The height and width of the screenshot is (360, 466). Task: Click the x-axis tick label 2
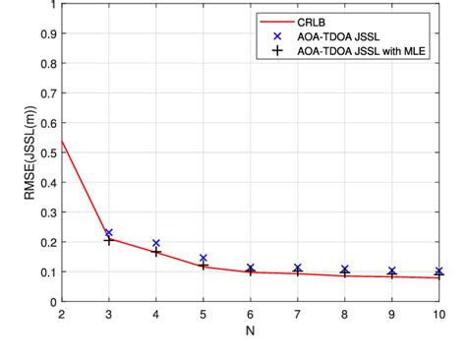pyautogui.click(x=62, y=314)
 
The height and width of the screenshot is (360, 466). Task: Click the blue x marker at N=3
pyautogui.click(x=109, y=233)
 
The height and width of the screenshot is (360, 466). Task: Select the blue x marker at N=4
pyautogui.click(x=156, y=243)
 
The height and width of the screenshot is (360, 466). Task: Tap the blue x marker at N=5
pyautogui.click(x=204, y=259)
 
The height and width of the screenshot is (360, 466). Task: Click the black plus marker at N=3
pyautogui.click(x=109, y=240)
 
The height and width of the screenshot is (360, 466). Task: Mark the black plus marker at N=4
pyautogui.click(x=156, y=253)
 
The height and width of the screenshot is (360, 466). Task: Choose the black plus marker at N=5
pyautogui.click(x=204, y=266)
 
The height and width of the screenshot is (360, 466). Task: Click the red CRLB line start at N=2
pyautogui.click(x=62, y=141)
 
